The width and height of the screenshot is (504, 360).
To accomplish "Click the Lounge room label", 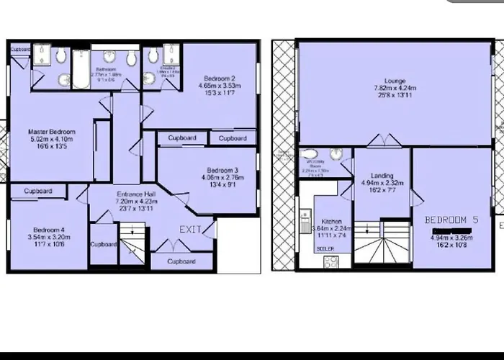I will [395, 81].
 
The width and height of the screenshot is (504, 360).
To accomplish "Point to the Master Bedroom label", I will [51, 132].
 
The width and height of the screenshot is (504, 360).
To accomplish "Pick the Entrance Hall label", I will [136, 194].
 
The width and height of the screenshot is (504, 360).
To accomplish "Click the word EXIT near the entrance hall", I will [190, 229].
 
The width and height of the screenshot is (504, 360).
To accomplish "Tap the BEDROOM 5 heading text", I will [451, 219].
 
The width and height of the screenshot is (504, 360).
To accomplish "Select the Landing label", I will [382, 175].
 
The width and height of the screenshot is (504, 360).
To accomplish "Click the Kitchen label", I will [332, 222].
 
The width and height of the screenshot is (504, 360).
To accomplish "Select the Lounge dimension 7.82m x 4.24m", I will [395, 89].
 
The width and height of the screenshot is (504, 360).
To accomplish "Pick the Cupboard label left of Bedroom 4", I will [37, 192].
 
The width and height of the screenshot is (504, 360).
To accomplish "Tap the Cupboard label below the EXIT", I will [181, 261].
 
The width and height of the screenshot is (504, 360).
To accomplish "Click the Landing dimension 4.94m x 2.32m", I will [382, 183].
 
